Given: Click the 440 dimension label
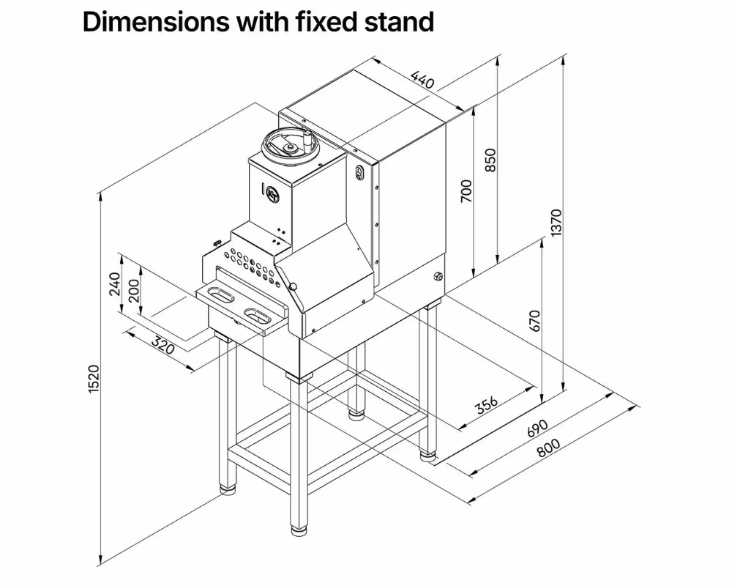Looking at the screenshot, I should coord(423,79).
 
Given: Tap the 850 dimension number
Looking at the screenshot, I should coord(490,160).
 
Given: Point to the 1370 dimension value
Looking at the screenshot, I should coord(556,223).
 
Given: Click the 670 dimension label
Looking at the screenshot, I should coord(534,320).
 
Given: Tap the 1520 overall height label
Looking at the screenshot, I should coord(93,379).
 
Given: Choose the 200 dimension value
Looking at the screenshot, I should coord(133,292).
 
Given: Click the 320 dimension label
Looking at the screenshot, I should coord(164,345).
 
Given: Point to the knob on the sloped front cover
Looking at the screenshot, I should coord(292,286).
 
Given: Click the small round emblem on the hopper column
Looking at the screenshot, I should coord(272,195).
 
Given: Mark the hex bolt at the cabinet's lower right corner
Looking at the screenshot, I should coord(438,275).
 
